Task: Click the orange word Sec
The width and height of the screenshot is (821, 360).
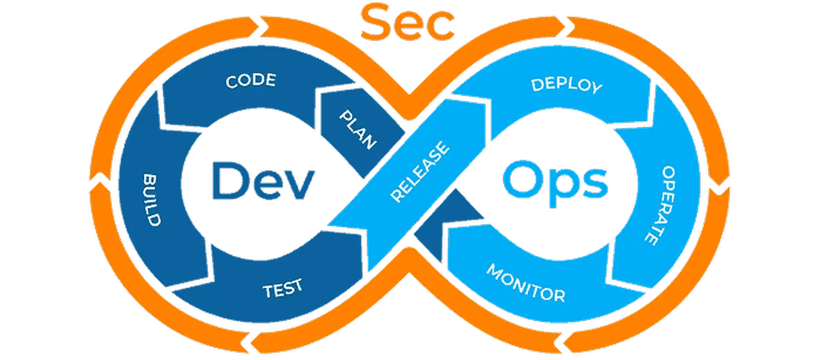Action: [x=408, y=23]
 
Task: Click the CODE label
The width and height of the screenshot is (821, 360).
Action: [x=251, y=81]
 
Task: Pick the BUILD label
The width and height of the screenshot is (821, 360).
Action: [x=153, y=200]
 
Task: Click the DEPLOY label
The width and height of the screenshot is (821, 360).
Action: [x=566, y=86]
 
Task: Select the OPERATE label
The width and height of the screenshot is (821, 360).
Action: [x=660, y=205]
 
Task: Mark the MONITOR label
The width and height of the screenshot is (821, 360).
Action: [x=525, y=283]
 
